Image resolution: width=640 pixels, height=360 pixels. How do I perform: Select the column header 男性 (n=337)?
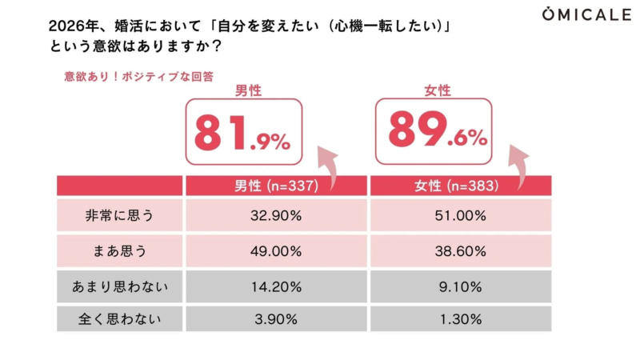coord(276,186)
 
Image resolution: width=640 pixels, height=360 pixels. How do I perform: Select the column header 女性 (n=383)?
coord(461,186)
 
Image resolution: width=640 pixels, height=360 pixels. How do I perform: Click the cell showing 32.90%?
coord(276,216)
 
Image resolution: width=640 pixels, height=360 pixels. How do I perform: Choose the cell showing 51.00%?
coord(461,216)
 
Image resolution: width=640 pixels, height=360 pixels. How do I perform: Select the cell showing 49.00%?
coord(276,251)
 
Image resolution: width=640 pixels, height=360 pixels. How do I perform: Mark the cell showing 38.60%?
coord(461,251)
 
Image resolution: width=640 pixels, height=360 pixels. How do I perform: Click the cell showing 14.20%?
coord(276,286)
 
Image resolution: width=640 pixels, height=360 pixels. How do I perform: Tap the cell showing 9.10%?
coord(461,286)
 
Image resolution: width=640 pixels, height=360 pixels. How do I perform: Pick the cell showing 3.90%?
coord(276,319)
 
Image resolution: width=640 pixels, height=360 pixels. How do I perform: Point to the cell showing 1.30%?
coord(461,319)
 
